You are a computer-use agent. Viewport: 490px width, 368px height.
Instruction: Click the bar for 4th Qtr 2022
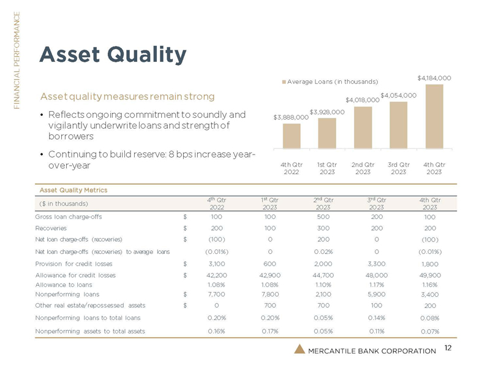[292, 136]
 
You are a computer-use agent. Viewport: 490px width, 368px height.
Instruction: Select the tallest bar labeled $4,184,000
[434, 116]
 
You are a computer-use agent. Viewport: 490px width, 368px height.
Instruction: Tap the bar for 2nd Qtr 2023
[363, 127]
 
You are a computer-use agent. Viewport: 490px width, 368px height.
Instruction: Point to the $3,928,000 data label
[326, 112]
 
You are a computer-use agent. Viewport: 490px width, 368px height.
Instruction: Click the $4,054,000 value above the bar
[398, 95]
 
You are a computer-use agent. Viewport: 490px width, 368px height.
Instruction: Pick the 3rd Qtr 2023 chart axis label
[398, 167]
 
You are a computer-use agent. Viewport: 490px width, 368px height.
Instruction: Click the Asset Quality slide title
[113, 55]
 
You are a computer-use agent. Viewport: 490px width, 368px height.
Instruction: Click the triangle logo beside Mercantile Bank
[298, 350]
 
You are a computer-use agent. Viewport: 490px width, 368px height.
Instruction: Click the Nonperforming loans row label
[64, 294]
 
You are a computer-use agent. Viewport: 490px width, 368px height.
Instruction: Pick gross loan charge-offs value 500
[323, 217]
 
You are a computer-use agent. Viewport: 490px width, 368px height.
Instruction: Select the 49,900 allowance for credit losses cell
[429, 275]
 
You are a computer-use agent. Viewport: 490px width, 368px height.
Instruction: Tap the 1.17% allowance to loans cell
[377, 285]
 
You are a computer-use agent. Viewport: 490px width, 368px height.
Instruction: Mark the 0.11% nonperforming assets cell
[377, 331]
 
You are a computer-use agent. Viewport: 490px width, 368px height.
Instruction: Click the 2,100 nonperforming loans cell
[323, 294]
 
